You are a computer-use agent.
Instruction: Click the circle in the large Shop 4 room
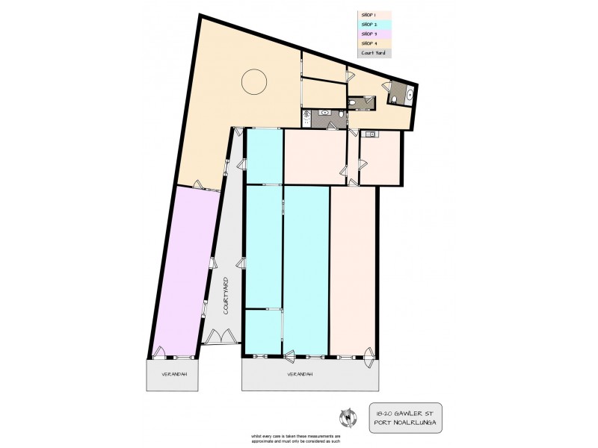pyautogui.click(x=254, y=81)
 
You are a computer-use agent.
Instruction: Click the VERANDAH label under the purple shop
pyautogui.click(x=173, y=373)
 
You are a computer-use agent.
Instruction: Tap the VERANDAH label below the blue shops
pyautogui.click(x=298, y=373)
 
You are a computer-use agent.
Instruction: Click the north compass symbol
pyautogui.click(x=346, y=415)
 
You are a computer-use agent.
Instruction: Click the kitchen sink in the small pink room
pyautogui.click(x=370, y=134)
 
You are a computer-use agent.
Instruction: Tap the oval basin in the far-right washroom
pyautogui.click(x=410, y=95)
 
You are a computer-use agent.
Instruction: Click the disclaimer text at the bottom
pyautogui.click(x=300, y=438)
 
